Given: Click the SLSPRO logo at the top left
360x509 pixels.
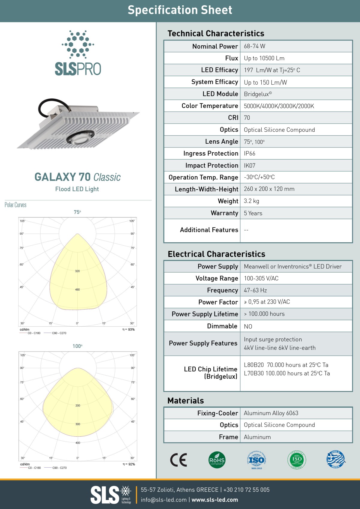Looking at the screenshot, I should coord(78,53).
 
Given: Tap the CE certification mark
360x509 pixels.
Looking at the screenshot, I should coord(178,460).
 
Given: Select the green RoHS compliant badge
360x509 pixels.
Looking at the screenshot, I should coord(217,460).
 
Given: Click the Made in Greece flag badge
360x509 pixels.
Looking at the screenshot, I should coord(336,460).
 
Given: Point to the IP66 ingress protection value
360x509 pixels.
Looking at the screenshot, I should coord(250,154).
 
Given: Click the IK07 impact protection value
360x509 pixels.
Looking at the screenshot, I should coord(250,166).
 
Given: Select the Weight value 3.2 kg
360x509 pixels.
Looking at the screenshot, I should coord(251,201).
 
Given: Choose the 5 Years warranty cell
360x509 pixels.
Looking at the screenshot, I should coord(253,213).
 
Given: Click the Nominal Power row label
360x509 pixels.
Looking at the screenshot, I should coord(215,46).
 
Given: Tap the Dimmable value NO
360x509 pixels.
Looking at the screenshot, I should coord(248,326).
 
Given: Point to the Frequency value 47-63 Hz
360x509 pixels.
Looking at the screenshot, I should coord(255,290).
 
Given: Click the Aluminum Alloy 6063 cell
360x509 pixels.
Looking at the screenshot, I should coord(271,413).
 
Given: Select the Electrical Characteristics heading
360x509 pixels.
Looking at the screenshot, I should coord(216,254).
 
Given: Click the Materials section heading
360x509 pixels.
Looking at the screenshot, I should coord(185,401).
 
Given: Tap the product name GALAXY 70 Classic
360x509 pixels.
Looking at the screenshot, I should coord(77,177).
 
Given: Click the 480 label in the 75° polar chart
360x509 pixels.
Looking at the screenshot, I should coord(77,289).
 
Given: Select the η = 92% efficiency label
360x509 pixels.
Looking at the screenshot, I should coord(129,464).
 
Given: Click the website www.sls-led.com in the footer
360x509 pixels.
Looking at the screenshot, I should coord(215,500).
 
